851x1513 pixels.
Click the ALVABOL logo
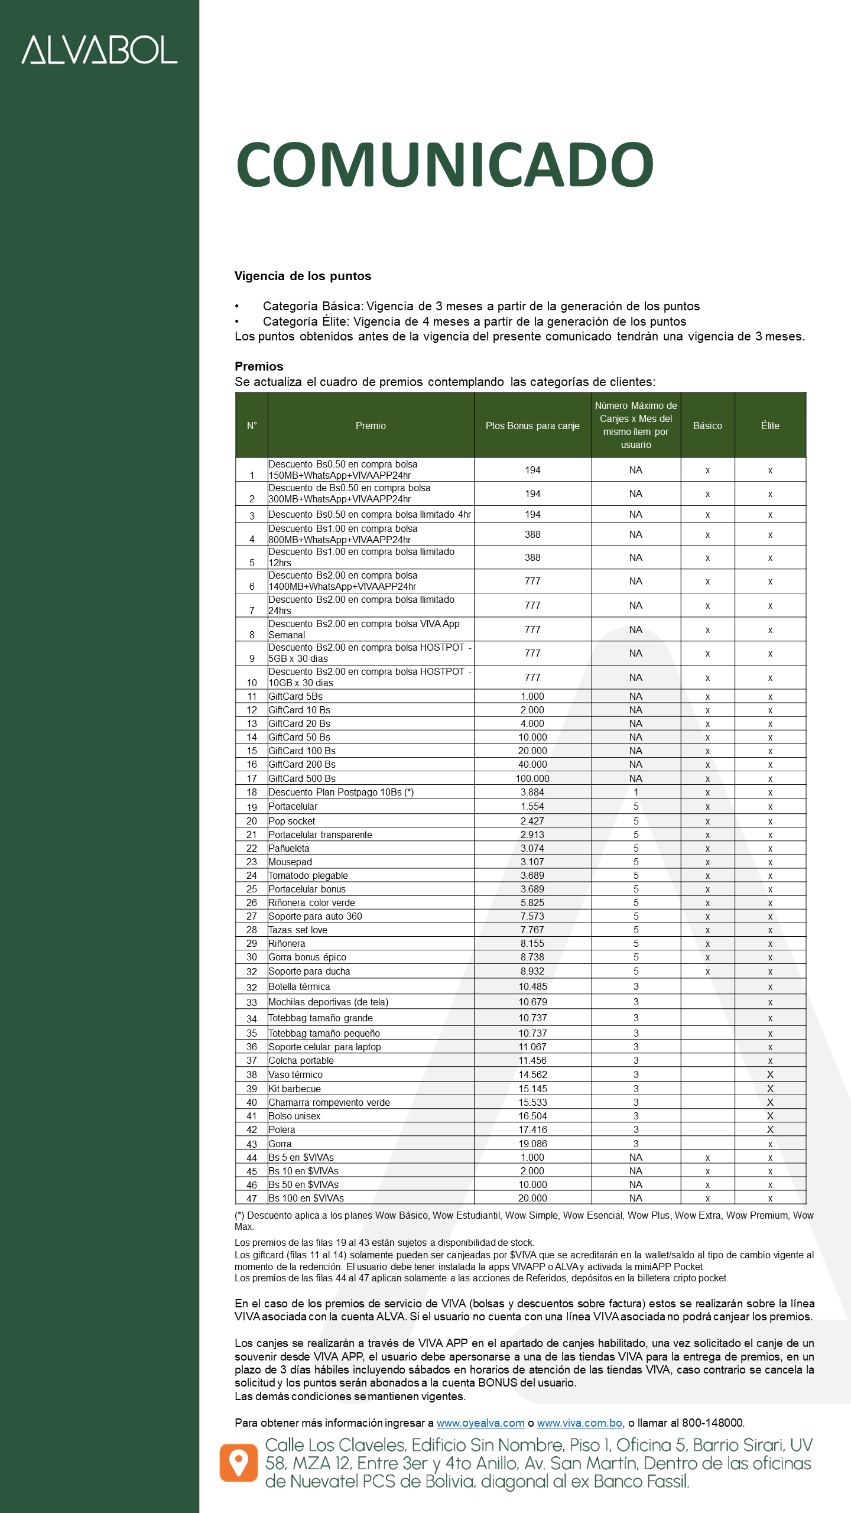click(99, 50)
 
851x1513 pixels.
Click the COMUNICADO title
click(444, 165)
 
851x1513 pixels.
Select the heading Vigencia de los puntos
click(303, 276)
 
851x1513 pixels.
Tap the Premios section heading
click(259, 366)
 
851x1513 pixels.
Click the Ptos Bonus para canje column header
click(532, 426)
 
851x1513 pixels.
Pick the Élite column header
click(770, 426)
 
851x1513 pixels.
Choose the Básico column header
click(707, 426)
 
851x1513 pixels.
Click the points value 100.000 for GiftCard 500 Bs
click(532, 778)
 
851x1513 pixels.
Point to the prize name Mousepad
click(290, 862)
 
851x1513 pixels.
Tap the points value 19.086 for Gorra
click(532, 1144)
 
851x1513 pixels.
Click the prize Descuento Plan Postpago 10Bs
click(341, 792)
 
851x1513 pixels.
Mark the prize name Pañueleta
click(289, 848)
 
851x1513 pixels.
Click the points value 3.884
click(532, 792)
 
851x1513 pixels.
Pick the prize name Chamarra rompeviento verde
click(329, 1102)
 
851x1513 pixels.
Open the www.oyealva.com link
click(480, 1423)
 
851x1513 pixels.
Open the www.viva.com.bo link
click(580, 1423)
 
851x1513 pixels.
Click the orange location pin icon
click(239, 1463)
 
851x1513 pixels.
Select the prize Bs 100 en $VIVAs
click(306, 1198)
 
